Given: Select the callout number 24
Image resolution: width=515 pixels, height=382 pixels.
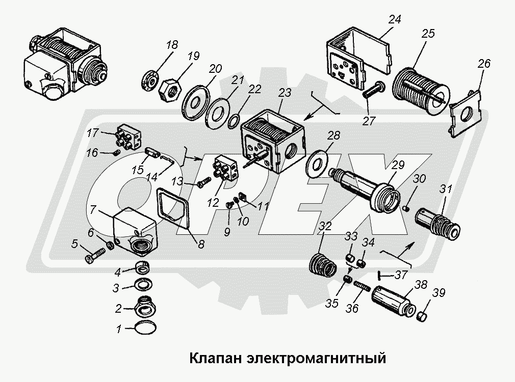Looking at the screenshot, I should tap(395, 20).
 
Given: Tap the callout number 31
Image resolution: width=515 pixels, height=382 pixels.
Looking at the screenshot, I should tap(446, 188).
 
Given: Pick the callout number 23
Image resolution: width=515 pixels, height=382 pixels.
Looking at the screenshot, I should tap(285, 93).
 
